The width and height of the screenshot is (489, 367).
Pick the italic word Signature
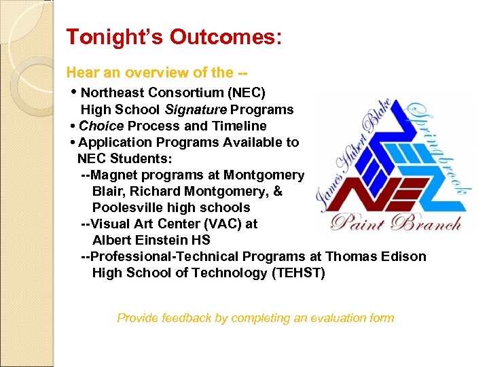point(196,109)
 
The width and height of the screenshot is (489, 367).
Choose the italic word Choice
point(101,126)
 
